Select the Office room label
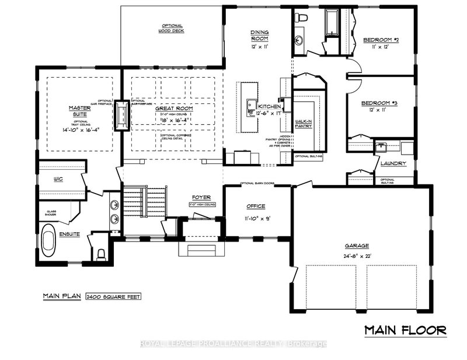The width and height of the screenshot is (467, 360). click(256, 207)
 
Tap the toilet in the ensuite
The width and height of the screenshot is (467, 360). click(101, 253)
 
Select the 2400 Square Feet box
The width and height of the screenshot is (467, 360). click(113, 296)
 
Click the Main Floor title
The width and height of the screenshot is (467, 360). click(406, 330)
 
